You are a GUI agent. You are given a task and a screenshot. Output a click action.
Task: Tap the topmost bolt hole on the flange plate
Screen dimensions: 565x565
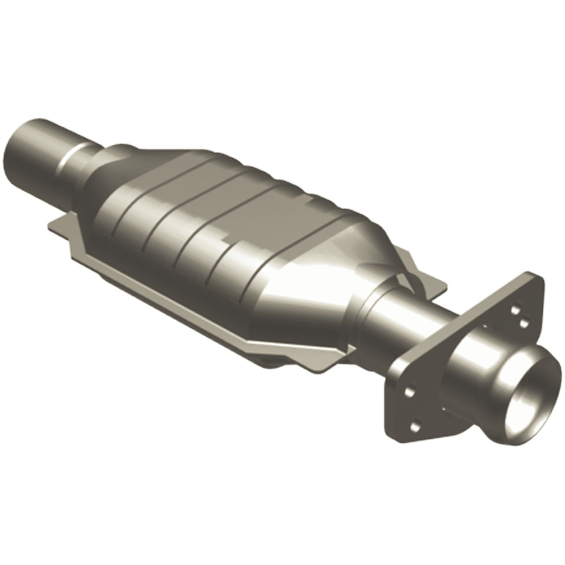(x=513, y=309)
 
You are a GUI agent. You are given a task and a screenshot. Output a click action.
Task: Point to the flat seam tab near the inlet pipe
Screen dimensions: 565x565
(x=59, y=226)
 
